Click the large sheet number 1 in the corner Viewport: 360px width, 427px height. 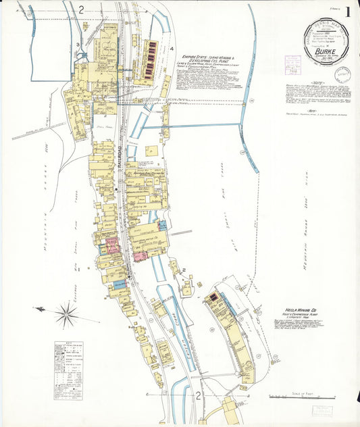(x=348, y=11)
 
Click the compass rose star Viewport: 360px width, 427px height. (x=66, y=313)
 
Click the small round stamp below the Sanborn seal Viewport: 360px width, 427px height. (x=343, y=74)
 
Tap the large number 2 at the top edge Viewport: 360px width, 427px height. (x=80, y=9)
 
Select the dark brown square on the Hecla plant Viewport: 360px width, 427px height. (x=214, y=296)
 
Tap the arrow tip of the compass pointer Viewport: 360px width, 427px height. (x=37, y=309)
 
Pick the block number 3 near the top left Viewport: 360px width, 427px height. (x=78, y=45)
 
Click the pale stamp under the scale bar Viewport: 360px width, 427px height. (x=322, y=410)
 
